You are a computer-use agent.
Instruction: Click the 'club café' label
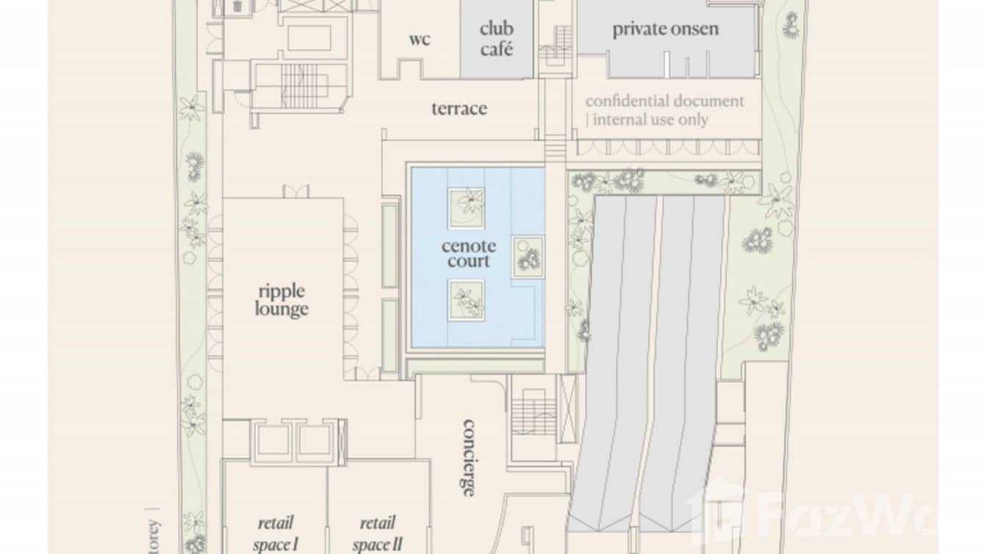pyautogui.click(x=496, y=39)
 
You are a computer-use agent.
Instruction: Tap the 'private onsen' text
pyautogui.click(x=665, y=29)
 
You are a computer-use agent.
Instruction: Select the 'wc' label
pyautogui.click(x=420, y=39)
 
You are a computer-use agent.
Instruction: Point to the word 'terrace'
pyautogui.click(x=459, y=109)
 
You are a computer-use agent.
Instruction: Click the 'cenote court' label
pyautogui.click(x=468, y=253)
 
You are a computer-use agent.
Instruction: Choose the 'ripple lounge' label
pyautogui.click(x=281, y=301)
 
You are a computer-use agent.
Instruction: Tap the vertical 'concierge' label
pyautogui.click(x=468, y=458)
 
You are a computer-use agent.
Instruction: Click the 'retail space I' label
pyautogui.click(x=275, y=533)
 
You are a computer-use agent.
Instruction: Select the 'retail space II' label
pyautogui.click(x=376, y=533)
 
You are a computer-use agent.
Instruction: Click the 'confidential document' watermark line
pyautogui.click(x=664, y=101)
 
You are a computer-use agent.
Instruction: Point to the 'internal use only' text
pyautogui.click(x=650, y=120)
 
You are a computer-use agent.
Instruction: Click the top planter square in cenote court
pyautogui.click(x=467, y=206)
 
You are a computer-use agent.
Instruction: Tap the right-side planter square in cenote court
pyautogui.click(x=528, y=256)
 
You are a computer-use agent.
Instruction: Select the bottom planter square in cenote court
pyautogui.click(x=467, y=300)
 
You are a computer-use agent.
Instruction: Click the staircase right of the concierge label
pyautogui.click(x=533, y=412)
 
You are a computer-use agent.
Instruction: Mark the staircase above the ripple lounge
pyautogui.click(x=298, y=86)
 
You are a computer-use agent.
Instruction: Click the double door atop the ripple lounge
pyautogui.click(x=296, y=191)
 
